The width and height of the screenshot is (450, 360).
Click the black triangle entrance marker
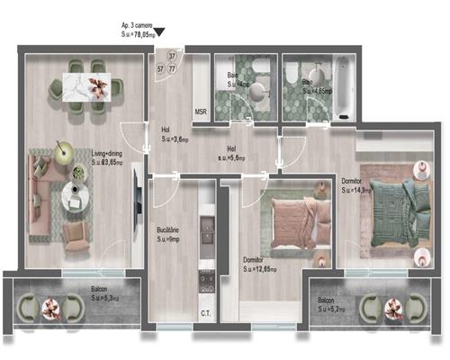coord(160,33)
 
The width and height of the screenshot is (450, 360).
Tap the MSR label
coord(202,112)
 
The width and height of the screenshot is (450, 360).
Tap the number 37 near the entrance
coord(172,56)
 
